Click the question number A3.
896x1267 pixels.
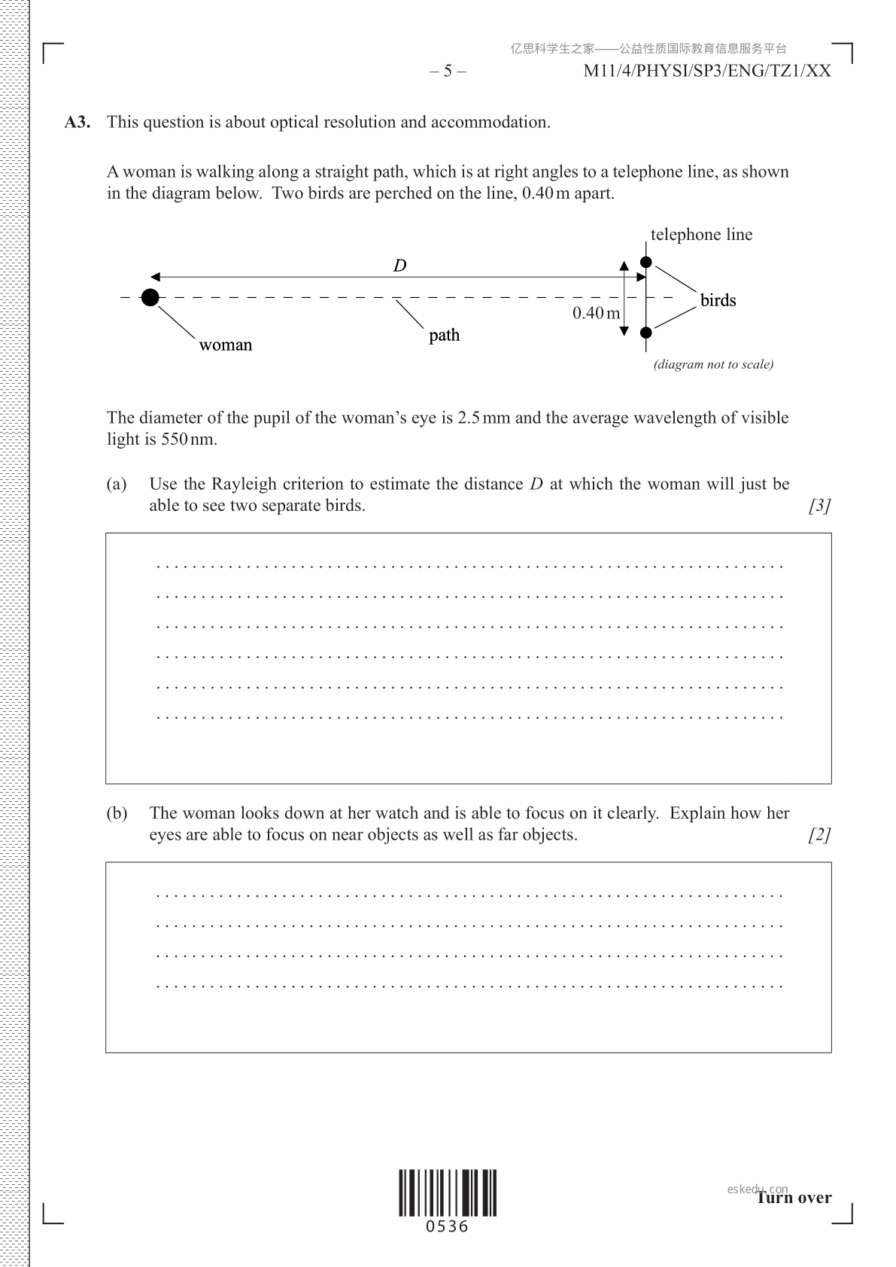coord(77,123)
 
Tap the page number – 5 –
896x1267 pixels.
coord(448,71)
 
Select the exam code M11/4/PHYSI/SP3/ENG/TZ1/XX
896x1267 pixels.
coord(707,71)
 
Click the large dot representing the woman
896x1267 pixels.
coord(150,297)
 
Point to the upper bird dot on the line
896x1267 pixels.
coord(646,262)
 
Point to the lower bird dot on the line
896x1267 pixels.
coord(646,332)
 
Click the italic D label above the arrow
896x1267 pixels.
coord(400,266)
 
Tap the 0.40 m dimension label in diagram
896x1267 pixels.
coord(596,313)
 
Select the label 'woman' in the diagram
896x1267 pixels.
coord(226,345)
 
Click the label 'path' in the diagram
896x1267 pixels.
coord(444,336)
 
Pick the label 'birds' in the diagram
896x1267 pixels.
coord(718,301)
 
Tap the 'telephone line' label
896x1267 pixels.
coord(701,235)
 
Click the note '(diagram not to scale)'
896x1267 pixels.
coord(713,365)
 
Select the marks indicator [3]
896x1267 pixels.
coord(819,506)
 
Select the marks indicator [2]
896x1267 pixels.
coord(819,834)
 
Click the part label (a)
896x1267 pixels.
coord(117,484)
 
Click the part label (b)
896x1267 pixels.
coord(117,813)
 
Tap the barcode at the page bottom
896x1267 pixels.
coord(448,1193)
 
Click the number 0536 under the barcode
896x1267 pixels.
coord(447,1227)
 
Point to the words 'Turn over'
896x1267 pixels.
coord(794,1198)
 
